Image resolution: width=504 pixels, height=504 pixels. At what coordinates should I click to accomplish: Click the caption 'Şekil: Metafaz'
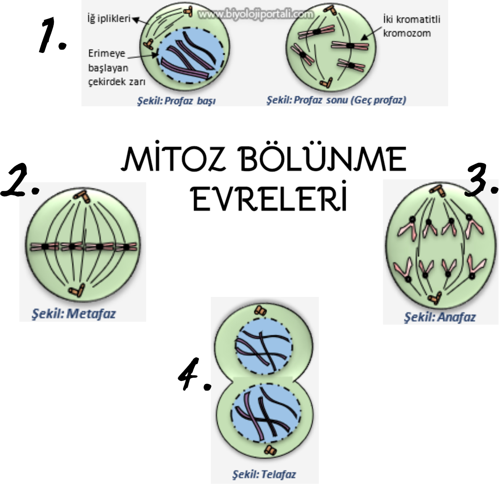click(74, 313)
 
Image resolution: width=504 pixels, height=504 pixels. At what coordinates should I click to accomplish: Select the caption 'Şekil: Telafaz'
click(264, 475)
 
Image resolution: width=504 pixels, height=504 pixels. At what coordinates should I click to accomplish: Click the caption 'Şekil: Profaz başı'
click(176, 101)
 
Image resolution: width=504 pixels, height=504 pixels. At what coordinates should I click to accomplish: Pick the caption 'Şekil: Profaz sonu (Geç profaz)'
click(336, 100)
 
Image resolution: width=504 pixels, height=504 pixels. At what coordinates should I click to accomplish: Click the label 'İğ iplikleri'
click(109, 19)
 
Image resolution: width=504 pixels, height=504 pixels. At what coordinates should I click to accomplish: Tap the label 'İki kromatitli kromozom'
click(411, 26)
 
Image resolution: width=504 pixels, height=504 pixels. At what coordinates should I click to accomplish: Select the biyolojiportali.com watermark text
click(256, 15)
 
